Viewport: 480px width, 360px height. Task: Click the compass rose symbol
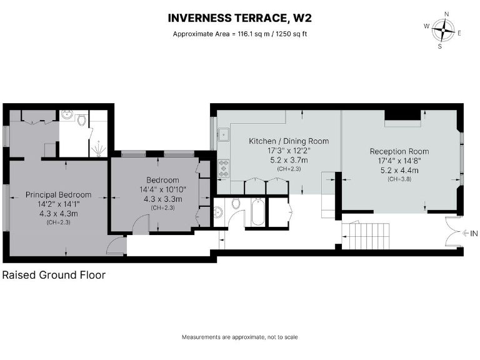[446, 29]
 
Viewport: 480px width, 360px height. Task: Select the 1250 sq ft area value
[289, 34]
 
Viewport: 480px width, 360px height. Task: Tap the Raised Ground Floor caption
[54, 275]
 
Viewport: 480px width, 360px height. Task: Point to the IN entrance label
[473, 234]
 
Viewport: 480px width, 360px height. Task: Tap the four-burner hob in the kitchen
[223, 167]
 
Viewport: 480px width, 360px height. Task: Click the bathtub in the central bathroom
[257, 212]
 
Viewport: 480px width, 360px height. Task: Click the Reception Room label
[399, 151]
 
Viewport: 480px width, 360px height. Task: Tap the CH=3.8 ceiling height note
[399, 179]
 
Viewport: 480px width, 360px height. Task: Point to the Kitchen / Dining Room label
[289, 141]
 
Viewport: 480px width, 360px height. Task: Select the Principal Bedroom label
[58, 194]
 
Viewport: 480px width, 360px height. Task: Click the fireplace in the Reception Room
[402, 115]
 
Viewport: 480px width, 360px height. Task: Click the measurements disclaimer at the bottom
[239, 337]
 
